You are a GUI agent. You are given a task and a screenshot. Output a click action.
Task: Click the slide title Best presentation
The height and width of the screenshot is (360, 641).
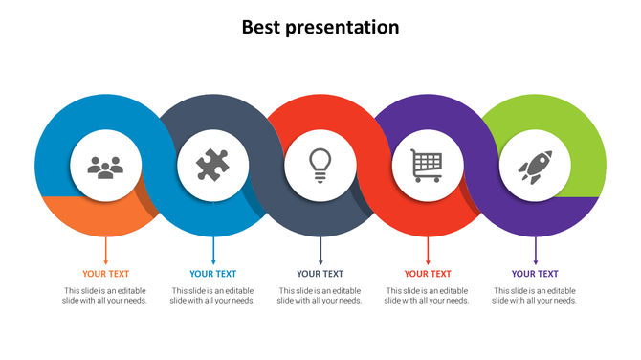click(x=320, y=27)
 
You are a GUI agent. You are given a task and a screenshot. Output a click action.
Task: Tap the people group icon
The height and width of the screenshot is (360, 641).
click(x=105, y=168)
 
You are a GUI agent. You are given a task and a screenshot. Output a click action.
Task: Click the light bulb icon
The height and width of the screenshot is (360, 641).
click(x=320, y=166)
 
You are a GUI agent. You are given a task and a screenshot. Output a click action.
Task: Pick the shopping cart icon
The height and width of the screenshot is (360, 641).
click(x=427, y=166)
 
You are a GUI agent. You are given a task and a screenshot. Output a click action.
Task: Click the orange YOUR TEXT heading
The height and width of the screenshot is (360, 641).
click(x=105, y=274)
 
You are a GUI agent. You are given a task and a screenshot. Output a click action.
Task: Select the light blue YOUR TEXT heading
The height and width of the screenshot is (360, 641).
click(x=212, y=274)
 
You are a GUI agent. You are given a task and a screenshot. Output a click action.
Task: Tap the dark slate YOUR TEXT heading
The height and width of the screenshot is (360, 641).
click(x=320, y=274)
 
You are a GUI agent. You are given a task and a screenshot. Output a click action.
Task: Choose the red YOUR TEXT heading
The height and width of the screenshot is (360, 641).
click(x=427, y=274)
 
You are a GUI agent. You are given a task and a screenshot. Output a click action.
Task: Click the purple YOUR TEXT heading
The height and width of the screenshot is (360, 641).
click(x=534, y=274)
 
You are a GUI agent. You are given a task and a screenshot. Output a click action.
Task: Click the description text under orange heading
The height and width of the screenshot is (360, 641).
click(x=105, y=296)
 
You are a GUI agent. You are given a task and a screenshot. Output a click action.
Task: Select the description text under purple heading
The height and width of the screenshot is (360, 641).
click(x=534, y=296)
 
